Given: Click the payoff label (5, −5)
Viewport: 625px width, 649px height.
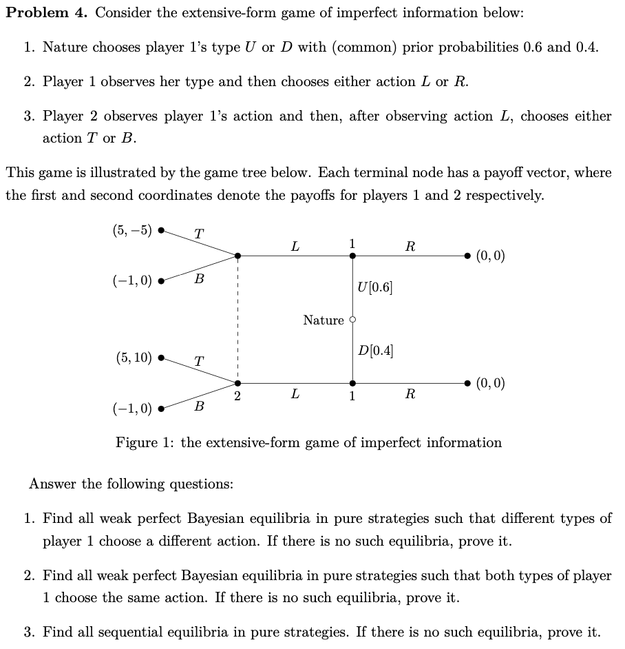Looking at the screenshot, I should tap(131, 231).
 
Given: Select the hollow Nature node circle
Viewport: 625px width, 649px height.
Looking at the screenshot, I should tap(352, 320).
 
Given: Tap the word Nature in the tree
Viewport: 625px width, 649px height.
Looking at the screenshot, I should tap(323, 320).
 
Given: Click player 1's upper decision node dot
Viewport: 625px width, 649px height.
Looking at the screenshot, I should tap(352, 256).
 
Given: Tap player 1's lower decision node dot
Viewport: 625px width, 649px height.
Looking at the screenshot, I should tap(352, 383).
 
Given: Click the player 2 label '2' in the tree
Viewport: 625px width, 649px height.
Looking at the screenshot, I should tap(236, 395).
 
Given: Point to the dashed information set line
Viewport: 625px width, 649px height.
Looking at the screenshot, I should tap(237, 320).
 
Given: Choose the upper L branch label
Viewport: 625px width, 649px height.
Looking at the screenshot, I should tap(295, 246).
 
